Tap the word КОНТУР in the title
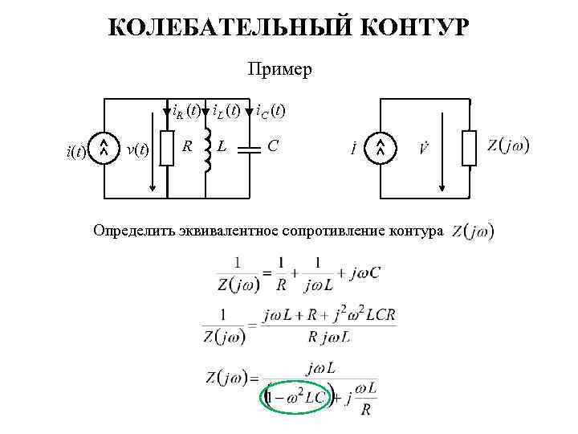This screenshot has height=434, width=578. [x=407, y=27]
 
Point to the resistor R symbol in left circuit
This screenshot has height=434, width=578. [x=166, y=149]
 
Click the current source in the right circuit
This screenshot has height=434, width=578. [x=381, y=148]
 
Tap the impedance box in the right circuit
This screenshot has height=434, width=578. [x=470, y=149]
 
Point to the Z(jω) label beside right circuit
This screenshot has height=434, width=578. [x=507, y=146]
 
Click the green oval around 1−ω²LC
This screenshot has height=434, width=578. [x=294, y=399]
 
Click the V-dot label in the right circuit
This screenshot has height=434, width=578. [x=424, y=149]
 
